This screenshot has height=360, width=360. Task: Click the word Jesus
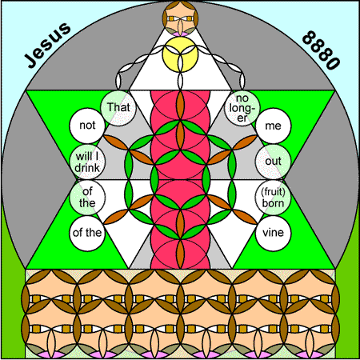point(48,45)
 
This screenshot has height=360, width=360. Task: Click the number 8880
point(321,50)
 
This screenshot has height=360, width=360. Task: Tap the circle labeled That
point(118,108)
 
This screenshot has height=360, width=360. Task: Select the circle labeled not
point(87,126)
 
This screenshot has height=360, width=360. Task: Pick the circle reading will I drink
point(87,162)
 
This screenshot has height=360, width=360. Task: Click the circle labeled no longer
point(242,108)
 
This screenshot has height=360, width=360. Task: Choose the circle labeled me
point(273,126)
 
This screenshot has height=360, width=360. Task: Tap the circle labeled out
point(273,162)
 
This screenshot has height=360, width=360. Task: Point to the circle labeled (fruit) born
point(273,198)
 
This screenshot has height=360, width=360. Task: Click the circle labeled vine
point(273,234)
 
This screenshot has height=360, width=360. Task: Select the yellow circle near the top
point(180,54)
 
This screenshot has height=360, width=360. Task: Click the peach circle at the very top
point(180,18)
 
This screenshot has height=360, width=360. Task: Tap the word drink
point(87,168)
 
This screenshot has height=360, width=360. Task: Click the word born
point(273,203)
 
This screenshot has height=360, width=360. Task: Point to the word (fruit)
point(273,192)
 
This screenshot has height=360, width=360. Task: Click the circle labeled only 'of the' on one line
point(87,234)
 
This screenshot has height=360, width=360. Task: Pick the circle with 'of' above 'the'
point(87,198)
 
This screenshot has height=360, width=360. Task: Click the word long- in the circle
point(242,109)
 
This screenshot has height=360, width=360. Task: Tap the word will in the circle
point(83,157)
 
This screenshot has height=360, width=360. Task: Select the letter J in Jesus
point(30,61)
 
